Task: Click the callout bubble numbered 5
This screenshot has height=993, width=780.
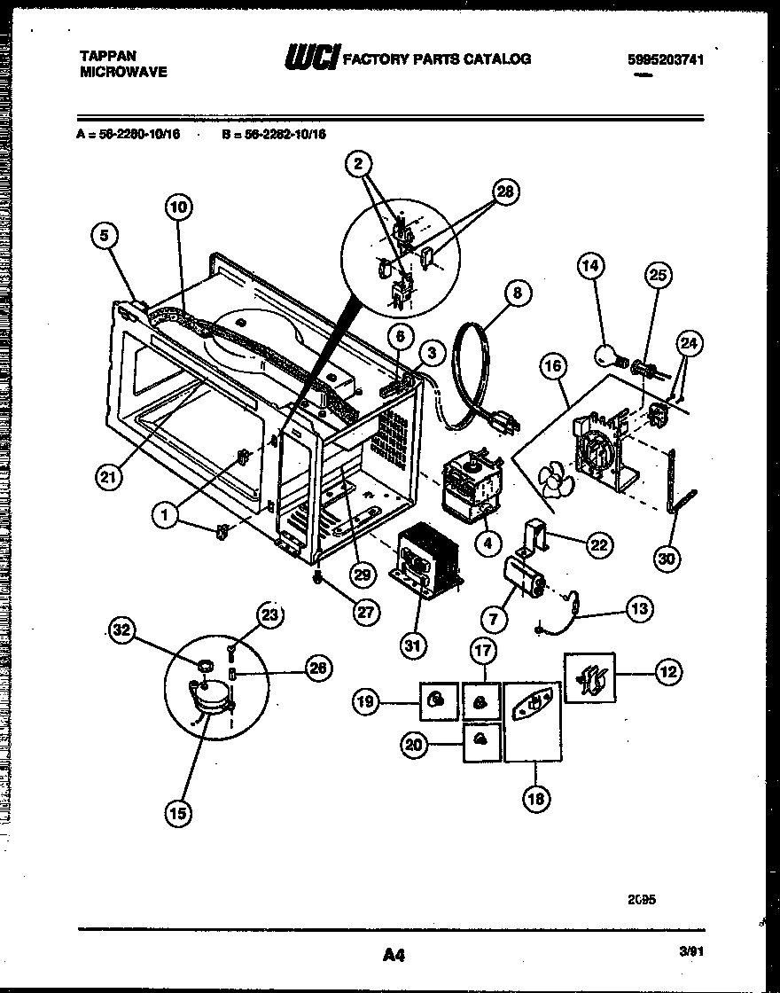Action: [105, 237]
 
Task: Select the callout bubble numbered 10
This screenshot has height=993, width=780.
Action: [178, 207]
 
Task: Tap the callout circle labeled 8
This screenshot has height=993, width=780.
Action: [518, 292]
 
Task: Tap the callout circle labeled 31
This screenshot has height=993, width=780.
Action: [411, 645]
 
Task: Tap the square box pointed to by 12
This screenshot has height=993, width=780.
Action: [589, 678]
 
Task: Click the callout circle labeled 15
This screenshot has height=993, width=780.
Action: [180, 811]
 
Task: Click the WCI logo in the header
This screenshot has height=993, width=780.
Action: [311, 59]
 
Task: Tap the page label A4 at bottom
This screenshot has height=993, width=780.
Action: [394, 955]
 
